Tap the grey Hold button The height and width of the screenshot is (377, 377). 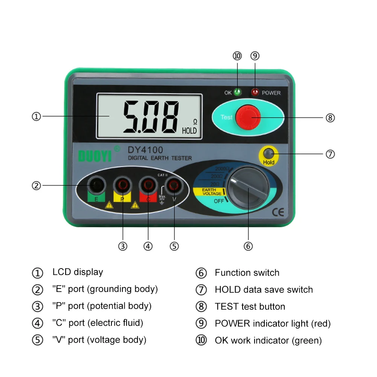point(269,153)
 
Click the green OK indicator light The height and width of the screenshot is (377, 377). point(238,92)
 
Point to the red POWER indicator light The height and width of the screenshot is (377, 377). point(255,92)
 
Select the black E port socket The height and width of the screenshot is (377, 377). point(96,185)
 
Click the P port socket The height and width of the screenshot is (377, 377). point(122,185)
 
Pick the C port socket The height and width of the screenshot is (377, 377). point(148,185)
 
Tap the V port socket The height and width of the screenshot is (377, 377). point(174,185)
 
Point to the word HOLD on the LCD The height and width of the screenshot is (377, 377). point(189,131)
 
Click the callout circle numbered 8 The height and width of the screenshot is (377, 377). point(330,118)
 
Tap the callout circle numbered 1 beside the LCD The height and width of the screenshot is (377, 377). point(36,116)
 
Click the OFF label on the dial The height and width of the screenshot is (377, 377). point(219,201)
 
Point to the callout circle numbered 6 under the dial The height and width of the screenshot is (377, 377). point(248,246)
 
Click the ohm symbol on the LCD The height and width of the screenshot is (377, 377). point(195,122)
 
